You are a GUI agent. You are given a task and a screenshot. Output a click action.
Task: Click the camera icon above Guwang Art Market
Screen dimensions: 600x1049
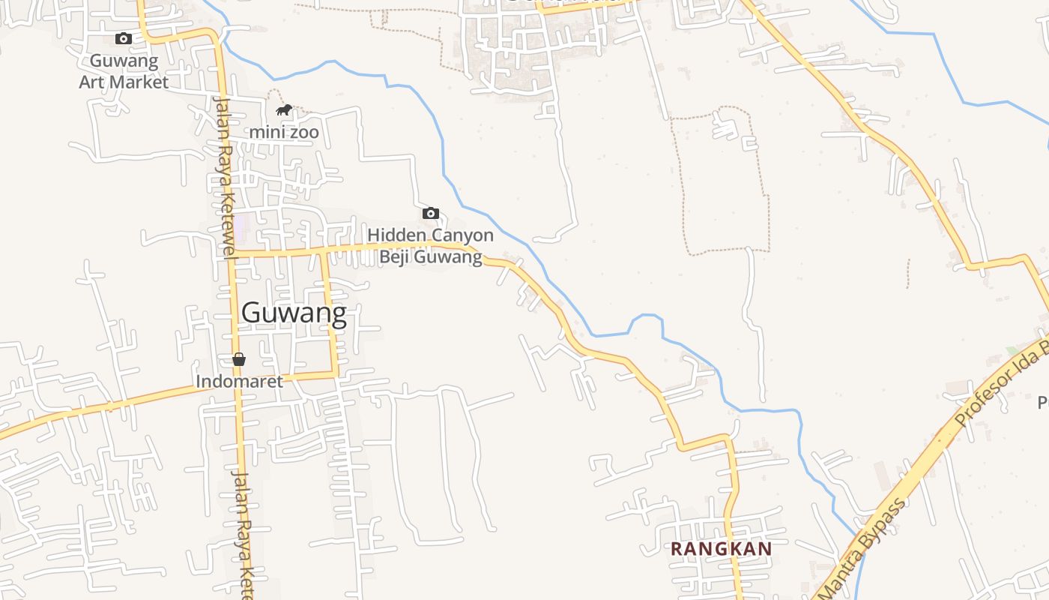coord(124,38)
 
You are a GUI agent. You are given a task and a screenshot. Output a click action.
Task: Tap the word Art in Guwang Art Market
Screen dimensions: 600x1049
coord(96,82)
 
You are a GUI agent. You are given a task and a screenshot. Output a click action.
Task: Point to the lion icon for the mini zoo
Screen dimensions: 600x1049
coord(283,110)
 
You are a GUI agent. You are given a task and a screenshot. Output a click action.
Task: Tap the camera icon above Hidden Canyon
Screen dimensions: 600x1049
coord(431,214)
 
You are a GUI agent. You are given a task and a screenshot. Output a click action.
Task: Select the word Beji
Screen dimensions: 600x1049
coord(395,257)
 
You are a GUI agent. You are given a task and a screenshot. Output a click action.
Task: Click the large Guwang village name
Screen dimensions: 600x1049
coord(294,313)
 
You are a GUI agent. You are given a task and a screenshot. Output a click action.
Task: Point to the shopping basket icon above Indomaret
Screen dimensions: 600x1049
coord(239,359)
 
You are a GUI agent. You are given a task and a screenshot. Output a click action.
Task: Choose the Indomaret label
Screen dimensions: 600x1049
coord(240,381)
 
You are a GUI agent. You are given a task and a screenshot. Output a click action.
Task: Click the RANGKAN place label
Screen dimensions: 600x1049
coord(721,549)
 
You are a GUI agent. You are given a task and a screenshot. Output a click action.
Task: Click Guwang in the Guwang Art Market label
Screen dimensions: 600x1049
coord(124,61)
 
